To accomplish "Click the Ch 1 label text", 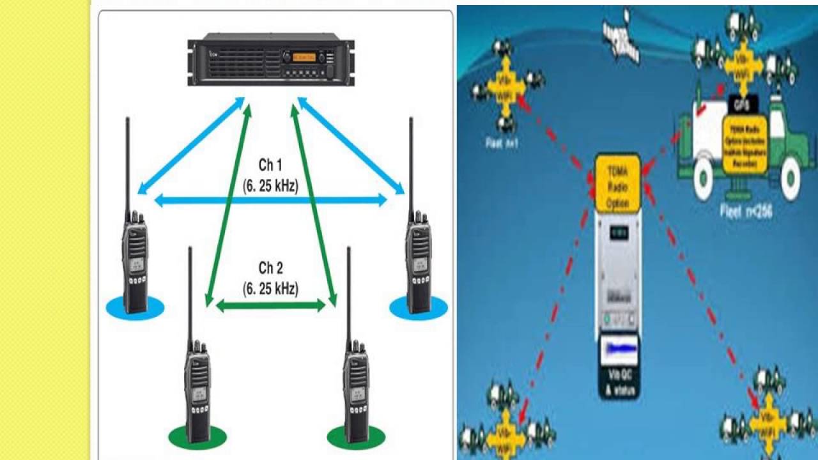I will pyautogui.click(x=270, y=165).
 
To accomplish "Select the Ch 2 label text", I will pyautogui.click(x=270, y=267).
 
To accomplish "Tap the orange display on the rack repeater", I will pyautogui.click(x=304, y=57).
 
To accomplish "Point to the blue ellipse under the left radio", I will pyautogui.click(x=135, y=308).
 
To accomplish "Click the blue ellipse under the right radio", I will pyautogui.click(x=419, y=308).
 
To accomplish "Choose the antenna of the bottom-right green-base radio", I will pyautogui.click(x=349, y=294).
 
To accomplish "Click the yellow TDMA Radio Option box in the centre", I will pyautogui.click(x=617, y=183).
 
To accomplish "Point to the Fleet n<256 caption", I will pyautogui.click(x=746, y=210).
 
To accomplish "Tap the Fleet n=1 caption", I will pyautogui.click(x=502, y=144).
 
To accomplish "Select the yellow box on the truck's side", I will pyautogui.click(x=745, y=144).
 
